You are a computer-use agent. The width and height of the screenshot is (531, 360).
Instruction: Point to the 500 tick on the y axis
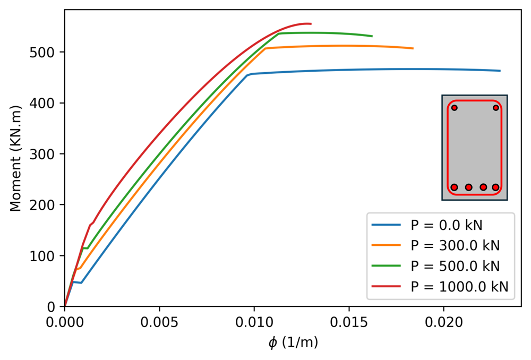[48, 52]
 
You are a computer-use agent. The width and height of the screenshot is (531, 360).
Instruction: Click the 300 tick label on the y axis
[48, 154]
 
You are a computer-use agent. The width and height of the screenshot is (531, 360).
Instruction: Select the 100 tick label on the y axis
[48, 256]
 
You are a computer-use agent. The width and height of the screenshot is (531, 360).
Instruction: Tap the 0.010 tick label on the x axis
[254, 321]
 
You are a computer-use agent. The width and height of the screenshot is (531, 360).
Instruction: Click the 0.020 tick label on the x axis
[443, 321]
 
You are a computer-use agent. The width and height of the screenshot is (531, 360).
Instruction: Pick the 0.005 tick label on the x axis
[159, 321]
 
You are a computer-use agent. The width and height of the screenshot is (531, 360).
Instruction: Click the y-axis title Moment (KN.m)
[15, 158]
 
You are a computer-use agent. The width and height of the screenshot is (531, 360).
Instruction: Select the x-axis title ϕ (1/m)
[293, 343]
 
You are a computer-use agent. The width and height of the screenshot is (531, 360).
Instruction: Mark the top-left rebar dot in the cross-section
[454, 108]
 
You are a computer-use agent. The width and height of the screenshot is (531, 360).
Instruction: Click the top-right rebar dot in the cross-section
[496, 108]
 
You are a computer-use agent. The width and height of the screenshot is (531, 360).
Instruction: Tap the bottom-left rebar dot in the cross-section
[454, 187]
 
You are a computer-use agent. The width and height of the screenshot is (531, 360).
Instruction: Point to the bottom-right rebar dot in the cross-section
[496, 187]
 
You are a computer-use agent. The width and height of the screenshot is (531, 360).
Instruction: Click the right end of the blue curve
[500, 71]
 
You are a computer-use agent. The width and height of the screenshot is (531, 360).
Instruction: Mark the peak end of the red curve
[311, 23]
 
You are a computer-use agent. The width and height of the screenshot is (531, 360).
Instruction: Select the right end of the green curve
[372, 36]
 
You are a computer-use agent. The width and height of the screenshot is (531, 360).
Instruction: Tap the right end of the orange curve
[413, 48]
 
